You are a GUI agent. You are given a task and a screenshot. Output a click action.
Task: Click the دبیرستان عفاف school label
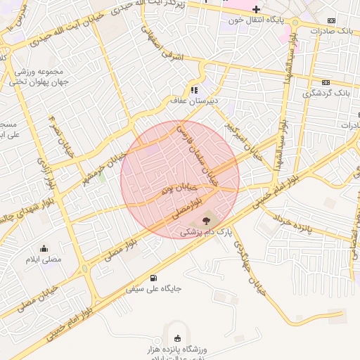click(194, 101)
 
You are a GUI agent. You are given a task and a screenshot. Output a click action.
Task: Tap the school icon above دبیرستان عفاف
click(194, 90)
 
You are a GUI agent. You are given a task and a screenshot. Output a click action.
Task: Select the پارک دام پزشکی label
click(205, 231)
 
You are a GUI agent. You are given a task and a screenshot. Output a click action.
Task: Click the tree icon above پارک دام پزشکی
click(205, 220)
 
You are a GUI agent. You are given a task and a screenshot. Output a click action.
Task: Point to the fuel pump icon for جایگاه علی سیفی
click(155, 278)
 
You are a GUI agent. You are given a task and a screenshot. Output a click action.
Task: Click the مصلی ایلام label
click(44, 259)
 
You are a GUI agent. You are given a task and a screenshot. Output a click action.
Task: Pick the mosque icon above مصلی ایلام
click(44, 248)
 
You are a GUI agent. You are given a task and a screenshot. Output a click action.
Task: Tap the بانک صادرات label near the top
click(335, 32)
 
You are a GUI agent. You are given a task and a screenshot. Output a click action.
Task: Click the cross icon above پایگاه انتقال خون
click(256, 9)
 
